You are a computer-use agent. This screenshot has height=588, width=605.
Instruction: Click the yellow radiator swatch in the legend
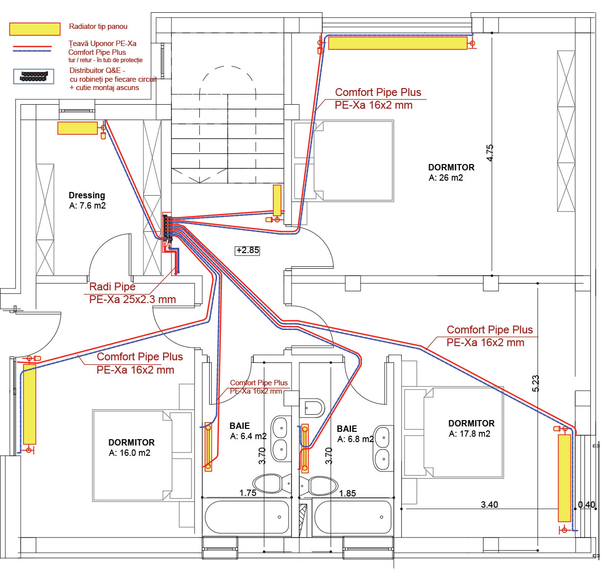pos(34,29)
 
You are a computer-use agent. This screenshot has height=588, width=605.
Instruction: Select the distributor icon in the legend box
pos(34,76)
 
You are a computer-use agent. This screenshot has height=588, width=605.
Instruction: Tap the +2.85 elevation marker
pos(247,250)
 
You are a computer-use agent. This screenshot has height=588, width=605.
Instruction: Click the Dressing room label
pos(87,200)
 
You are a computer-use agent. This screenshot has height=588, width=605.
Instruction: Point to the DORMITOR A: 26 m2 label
pos(451,172)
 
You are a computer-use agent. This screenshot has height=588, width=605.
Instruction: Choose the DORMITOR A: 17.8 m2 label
pos(471,428)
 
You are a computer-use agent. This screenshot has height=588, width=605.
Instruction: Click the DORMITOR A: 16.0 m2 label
pos(131,447)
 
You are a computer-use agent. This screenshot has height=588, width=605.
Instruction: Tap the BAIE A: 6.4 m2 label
pos(248,431)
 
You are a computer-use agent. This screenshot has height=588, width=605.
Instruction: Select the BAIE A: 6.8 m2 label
pos(355,434)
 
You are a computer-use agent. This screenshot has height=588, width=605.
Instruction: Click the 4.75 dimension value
pos(490,153)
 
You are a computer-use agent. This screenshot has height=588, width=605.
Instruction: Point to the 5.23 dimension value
pos(535,383)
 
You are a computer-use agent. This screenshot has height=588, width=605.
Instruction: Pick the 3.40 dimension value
pos(489,504)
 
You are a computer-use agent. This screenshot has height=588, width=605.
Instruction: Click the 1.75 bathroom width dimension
pos(248,493)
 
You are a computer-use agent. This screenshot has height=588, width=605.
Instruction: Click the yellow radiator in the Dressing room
pos(77,128)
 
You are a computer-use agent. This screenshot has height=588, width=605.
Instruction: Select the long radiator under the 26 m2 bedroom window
pos(398,43)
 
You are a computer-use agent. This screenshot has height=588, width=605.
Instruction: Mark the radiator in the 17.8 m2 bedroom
pos(564,478)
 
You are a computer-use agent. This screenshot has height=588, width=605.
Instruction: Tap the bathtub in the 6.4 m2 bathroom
pos(247,517)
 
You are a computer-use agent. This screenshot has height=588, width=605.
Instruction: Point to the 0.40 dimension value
pos(586,504)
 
